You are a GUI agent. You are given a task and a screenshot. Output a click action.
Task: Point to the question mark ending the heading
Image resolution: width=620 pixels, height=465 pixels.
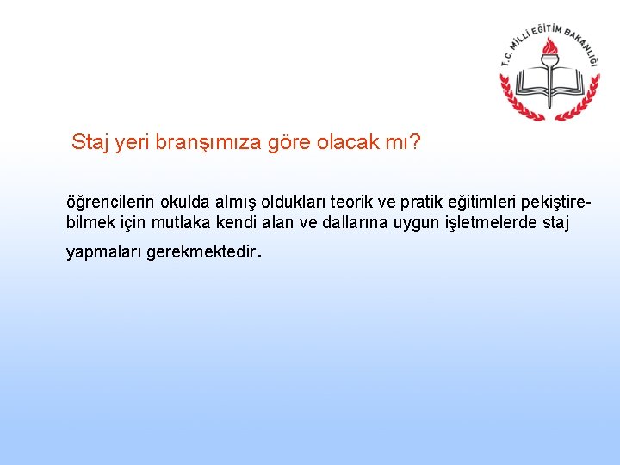pyautogui.click(x=416, y=141)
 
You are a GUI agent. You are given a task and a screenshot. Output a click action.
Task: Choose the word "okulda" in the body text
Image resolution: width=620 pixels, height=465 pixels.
pyautogui.click(x=178, y=203)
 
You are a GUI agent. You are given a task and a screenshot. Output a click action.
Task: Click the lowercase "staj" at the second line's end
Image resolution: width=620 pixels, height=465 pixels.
pyautogui.click(x=556, y=223)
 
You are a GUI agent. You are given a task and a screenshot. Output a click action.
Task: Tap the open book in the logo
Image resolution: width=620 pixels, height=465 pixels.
pyautogui.click(x=549, y=84)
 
